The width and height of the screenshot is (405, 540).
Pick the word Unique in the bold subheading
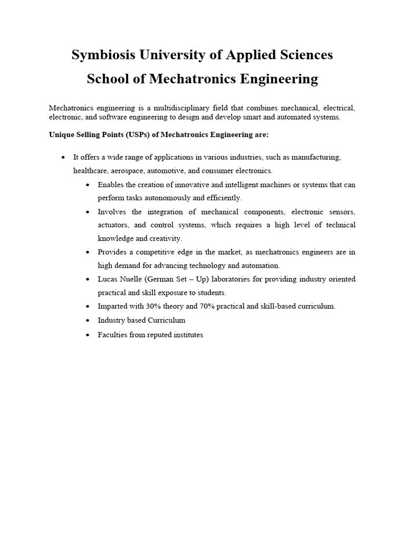coord(61,134)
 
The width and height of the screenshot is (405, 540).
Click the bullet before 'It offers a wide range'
coord(63,158)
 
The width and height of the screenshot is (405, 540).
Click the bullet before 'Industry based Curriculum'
coord(88,321)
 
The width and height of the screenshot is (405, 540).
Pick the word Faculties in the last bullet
coord(112,335)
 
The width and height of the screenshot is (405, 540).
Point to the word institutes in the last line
coord(186,335)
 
